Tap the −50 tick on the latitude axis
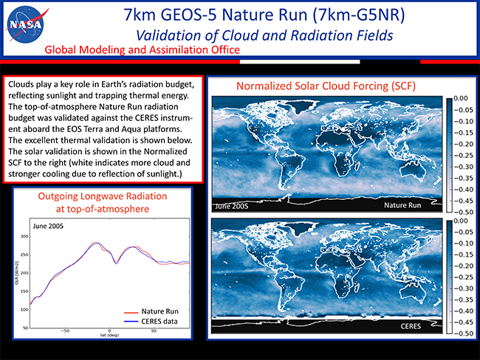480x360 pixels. click(65, 332)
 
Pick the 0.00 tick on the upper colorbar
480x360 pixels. click(460, 97)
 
